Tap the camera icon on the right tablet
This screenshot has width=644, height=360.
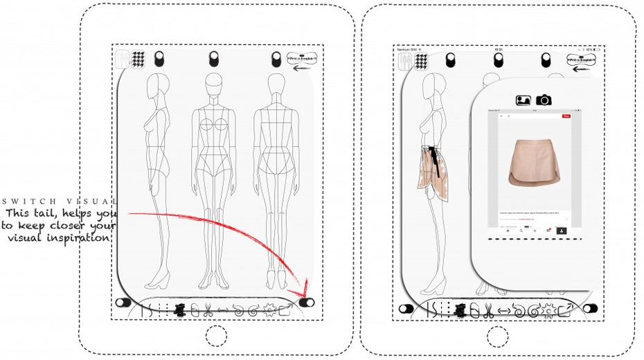[x=544, y=100]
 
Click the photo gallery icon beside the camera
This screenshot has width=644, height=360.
[x=524, y=100]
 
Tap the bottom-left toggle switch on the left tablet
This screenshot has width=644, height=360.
[x=124, y=303]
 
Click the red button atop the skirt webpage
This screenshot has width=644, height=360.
[x=566, y=116]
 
